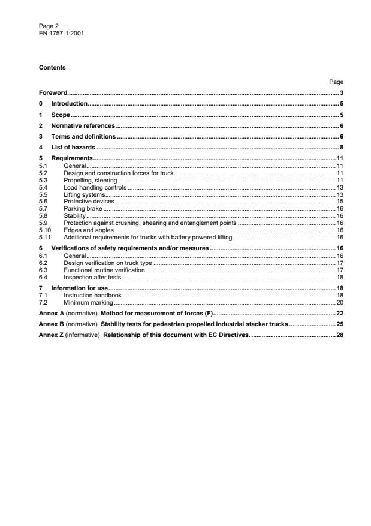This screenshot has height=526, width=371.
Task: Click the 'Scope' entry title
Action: click(61, 115)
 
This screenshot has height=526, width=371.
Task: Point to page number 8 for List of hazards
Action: click(341, 148)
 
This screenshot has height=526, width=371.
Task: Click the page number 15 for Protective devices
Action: click(339, 202)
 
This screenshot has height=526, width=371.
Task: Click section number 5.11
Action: click(44, 237)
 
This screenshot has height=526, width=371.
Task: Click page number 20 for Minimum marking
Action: click(339, 302)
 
